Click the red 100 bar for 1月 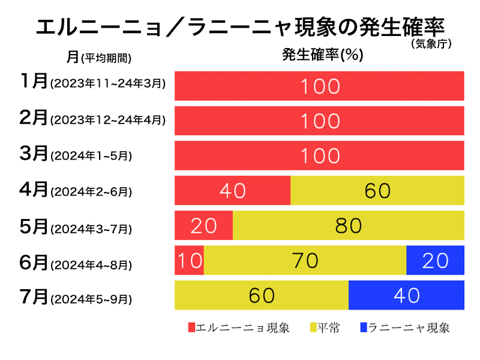319,86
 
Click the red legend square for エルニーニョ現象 192,328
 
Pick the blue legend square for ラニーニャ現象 364,328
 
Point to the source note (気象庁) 431,43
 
